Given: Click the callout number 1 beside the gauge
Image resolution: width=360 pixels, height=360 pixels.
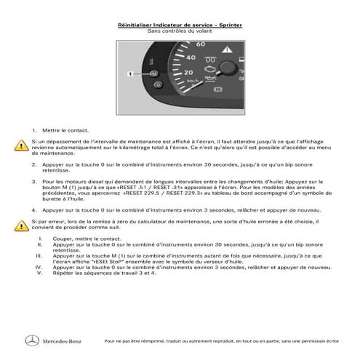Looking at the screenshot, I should pos(129,74).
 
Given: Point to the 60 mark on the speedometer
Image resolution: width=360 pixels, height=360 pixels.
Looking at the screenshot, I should pos(191,44).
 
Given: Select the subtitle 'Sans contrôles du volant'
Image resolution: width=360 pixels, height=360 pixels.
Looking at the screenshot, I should pos(180,31).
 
